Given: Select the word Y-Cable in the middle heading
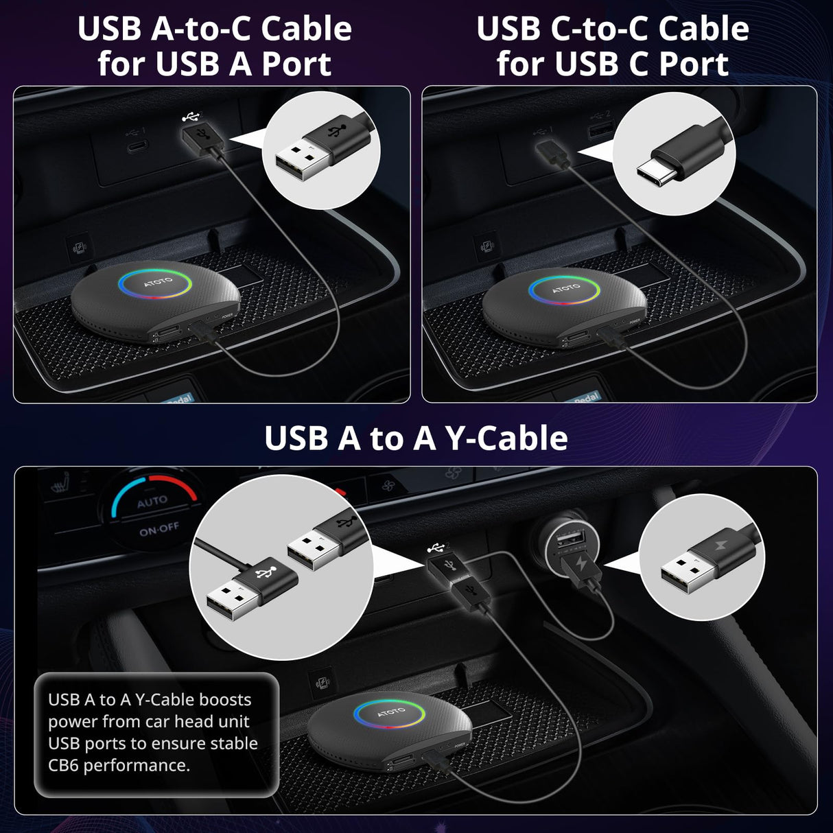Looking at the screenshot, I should tap(506, 438).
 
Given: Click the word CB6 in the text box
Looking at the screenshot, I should tap(64, 765).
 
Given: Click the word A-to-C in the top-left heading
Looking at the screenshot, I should tap(202, 30).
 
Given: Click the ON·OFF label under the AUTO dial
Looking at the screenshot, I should tap(159, 530).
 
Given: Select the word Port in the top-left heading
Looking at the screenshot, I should tap(296, 64).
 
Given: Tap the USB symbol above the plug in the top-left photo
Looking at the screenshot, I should tap(190, 117).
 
